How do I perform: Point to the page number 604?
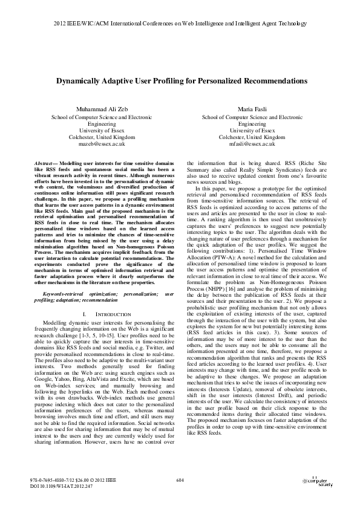coord(180,480)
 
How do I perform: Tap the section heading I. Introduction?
coord(105,314)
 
